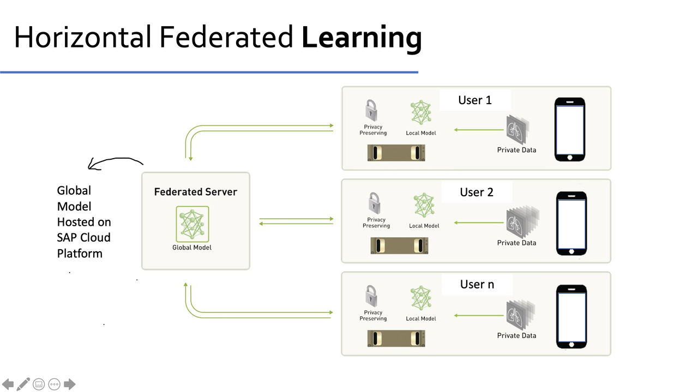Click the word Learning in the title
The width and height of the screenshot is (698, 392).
click(x=362, y=38)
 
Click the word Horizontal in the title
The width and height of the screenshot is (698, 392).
click(x=82, y=37)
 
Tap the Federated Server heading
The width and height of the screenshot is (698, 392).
click(x=195, y=192)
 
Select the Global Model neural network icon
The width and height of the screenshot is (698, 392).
click(x=192, y=224)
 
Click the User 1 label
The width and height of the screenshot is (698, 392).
click(x=475, y=100)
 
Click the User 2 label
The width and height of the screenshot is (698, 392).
click(x=477, y=192)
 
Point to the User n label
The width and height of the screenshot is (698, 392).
click(x=477, y=285)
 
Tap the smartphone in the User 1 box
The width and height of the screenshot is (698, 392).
click(x=570, y=129)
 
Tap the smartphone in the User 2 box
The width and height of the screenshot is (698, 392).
click(x=571, y=223)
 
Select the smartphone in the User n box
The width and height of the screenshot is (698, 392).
click(x=571, y=316)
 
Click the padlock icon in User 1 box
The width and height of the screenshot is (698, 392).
click(x=372, y=110)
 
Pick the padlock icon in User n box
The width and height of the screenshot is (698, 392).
click(x=372, y=296)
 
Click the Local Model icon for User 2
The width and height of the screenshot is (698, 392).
click(x=424, y=206)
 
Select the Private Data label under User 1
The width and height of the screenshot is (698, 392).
click(x=516, y=150)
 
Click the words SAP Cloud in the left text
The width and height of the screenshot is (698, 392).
click(x=83, y=238)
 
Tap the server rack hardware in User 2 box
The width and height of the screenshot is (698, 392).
click(x=399, y=245)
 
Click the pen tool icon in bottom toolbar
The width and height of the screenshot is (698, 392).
click(x=23, y=384)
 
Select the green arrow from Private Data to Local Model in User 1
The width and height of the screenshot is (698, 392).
click(x=478, y=130)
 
